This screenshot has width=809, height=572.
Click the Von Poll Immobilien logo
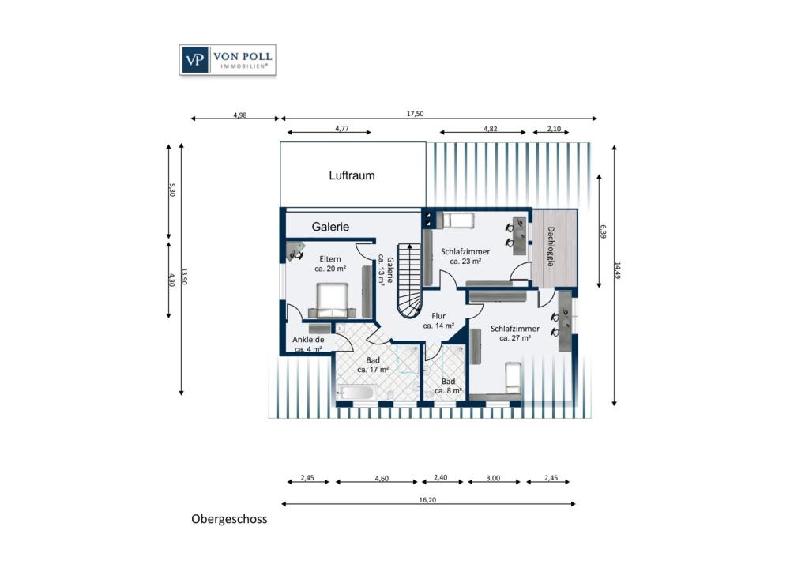tap(228, 60)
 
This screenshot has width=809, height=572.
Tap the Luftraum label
tap(352, 175)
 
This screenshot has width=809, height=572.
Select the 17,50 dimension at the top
tap(415, 114)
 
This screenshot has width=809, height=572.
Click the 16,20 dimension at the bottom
tap(427, 500)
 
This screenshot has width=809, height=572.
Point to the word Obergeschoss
tap(229, 519)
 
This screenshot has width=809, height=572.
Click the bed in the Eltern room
tap(332, 299)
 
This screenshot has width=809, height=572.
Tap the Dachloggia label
tap(551, 246)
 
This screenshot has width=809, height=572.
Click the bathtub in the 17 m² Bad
tap(355, 393)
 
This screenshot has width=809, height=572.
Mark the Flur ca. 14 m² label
tap(438, 321)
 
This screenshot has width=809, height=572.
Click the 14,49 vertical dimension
tap(618, 270)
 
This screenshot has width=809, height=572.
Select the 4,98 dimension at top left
tap(240, 115)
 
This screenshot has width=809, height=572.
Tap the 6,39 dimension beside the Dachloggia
tap(603, 231)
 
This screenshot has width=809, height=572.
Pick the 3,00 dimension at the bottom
tap(493, 478)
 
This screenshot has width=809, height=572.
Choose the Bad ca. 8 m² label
tap(448, 386)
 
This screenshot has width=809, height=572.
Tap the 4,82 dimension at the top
tap(490, 129)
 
